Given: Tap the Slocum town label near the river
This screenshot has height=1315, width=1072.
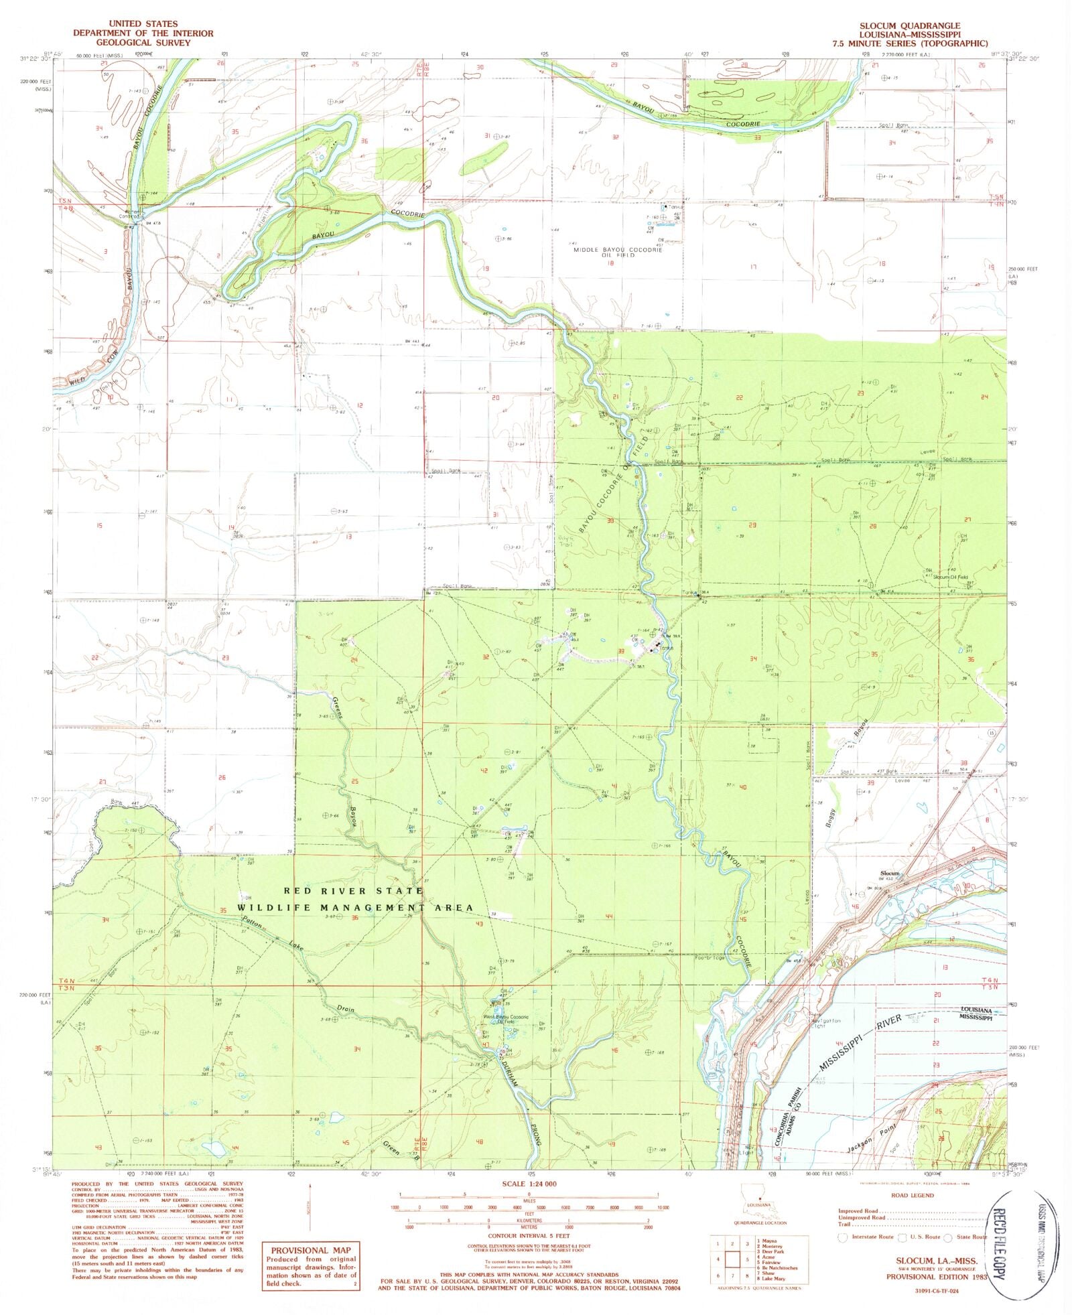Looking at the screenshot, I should point(890,874).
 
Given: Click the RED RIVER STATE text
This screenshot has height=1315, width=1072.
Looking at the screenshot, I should point(352,891).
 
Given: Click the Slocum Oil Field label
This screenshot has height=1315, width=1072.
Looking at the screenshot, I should point(951,577).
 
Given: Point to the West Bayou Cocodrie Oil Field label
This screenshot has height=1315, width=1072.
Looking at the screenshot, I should point(507,1020).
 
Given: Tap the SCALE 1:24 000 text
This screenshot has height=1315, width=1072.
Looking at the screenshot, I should point(529,1183).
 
